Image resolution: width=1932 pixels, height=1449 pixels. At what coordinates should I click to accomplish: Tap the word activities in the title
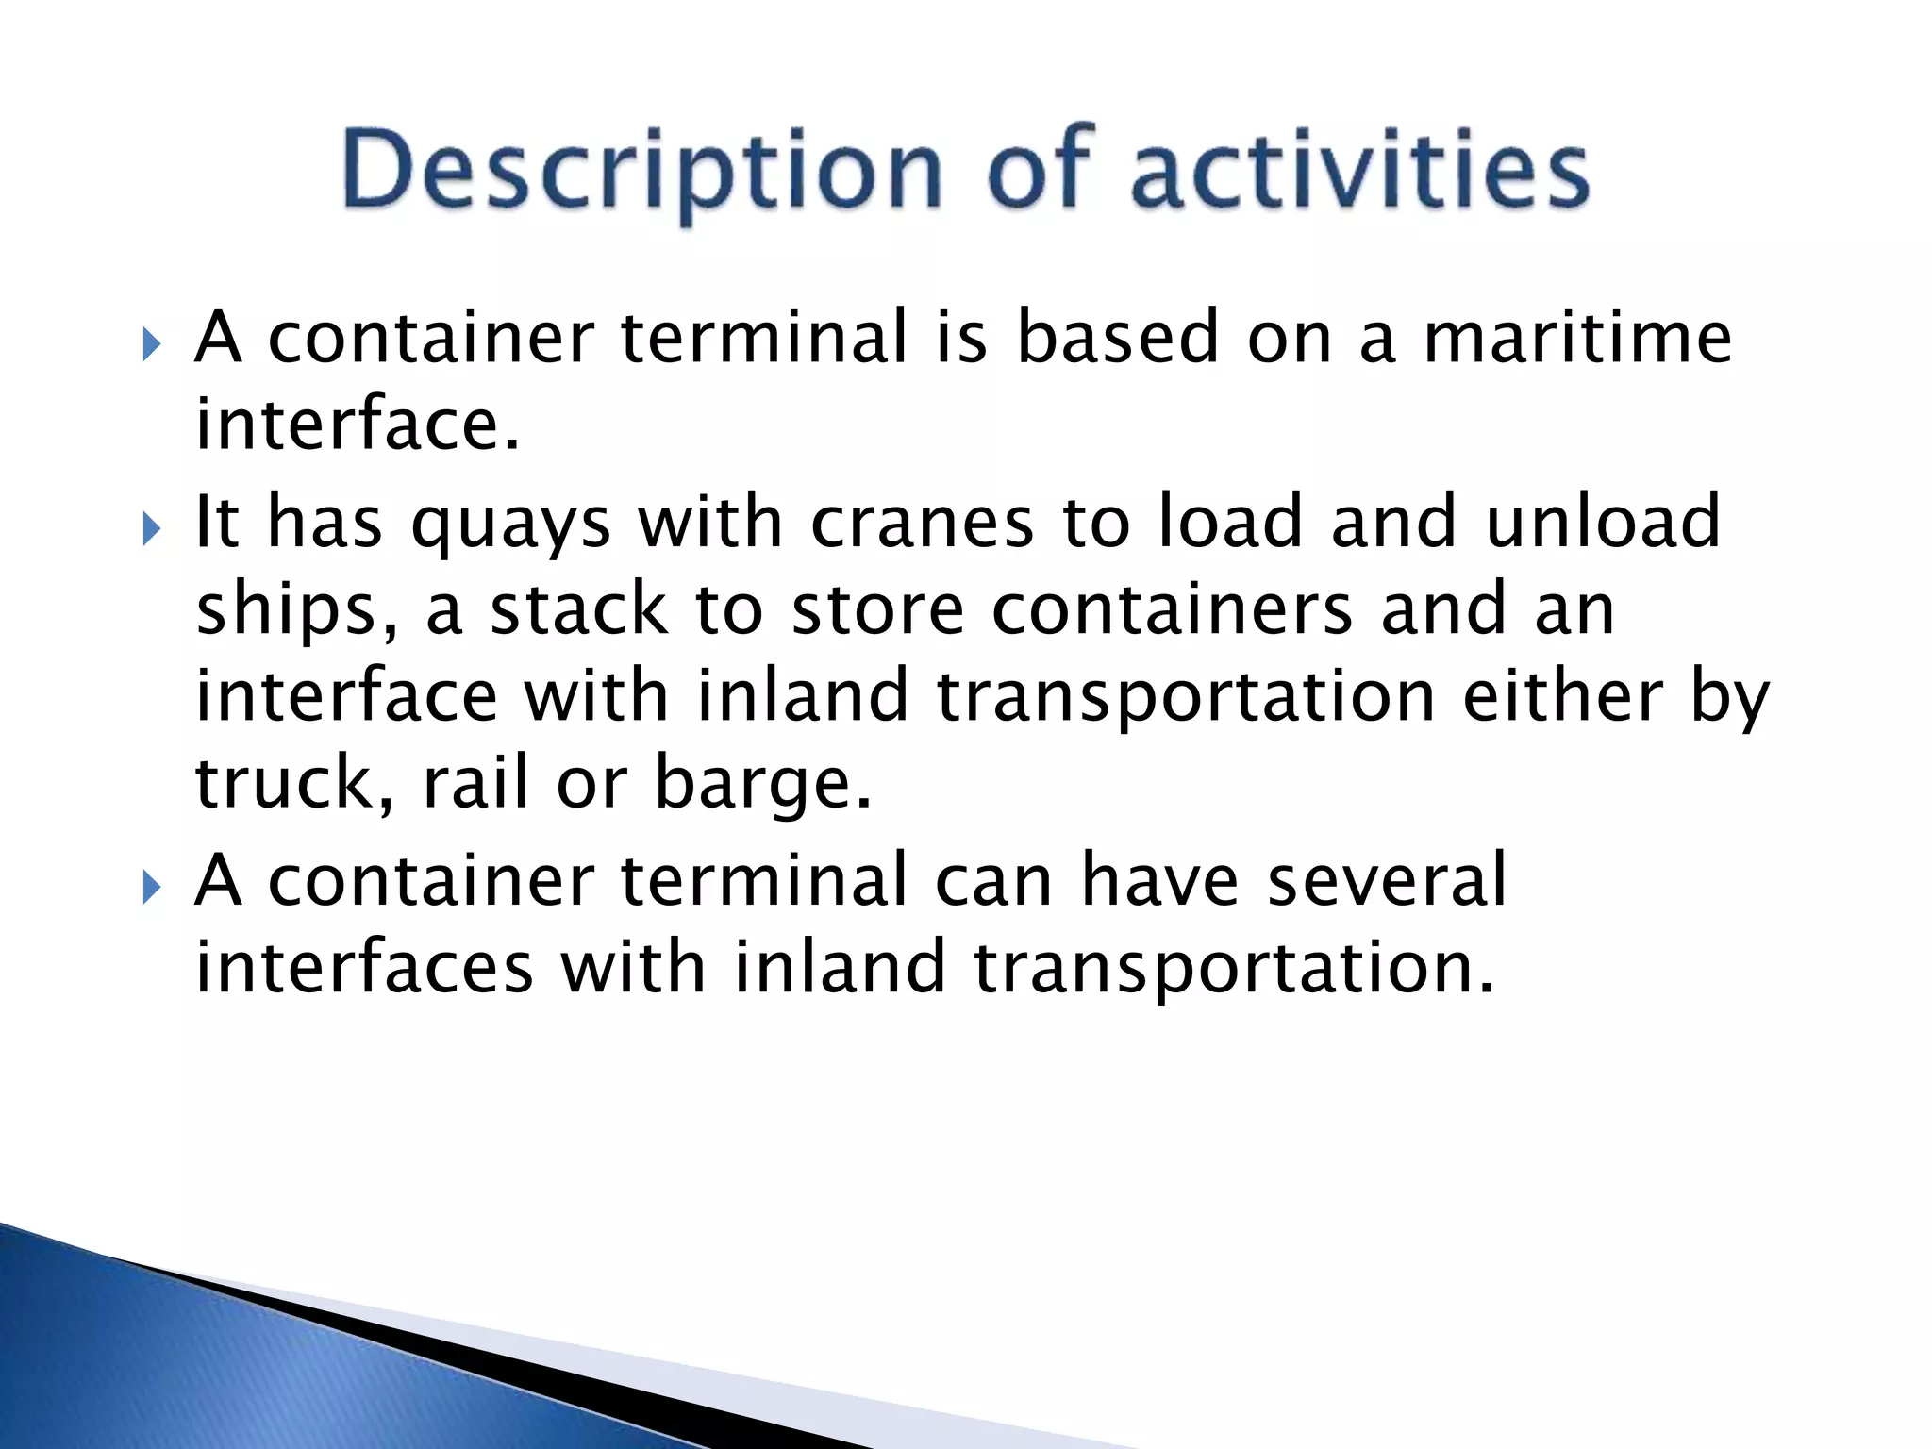pyautogui.click(x=1359, y=170)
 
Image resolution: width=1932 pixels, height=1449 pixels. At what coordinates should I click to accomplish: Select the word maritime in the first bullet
pyautogui.click(x=1577, y=337)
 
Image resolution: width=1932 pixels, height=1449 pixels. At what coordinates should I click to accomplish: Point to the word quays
pyautogui.click(x=510, y=525)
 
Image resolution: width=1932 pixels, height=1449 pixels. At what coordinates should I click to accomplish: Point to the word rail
pyautogui.click(x=475, y=782)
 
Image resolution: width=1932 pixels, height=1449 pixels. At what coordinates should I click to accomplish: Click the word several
pyautogui.click(x=1386, y=879)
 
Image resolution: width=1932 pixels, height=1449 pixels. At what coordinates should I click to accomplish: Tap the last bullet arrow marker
pyautogui.click(x=151, y=888)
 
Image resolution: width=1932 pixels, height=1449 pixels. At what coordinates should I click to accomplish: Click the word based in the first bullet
pyautogui.click(x=1118, y=337)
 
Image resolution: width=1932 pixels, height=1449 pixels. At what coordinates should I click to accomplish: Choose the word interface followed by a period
pyautogui.click(x=357, y=424)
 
